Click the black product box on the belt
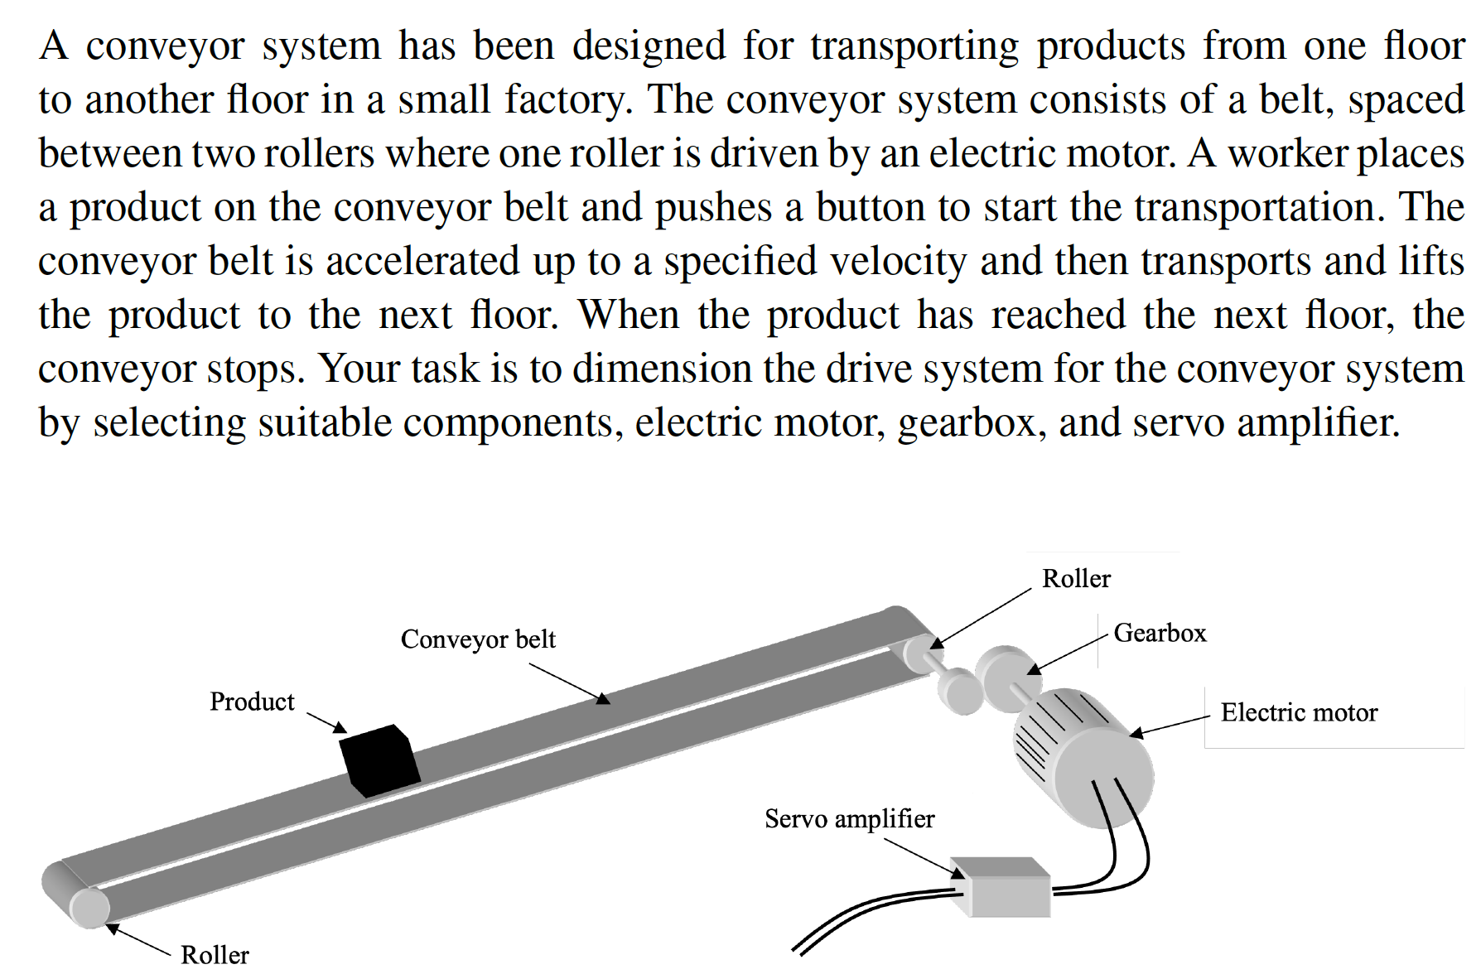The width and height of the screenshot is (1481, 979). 380,760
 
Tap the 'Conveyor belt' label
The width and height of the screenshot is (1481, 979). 478,639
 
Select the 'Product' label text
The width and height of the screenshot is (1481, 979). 252,702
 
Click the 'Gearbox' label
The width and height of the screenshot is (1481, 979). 1160,633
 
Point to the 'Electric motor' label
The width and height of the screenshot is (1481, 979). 1299,712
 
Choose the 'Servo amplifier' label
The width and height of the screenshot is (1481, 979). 849,818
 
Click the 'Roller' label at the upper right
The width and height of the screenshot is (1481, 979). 1076,578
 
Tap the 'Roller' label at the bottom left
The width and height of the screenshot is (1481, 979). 215,955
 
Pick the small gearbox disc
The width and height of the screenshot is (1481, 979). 961,692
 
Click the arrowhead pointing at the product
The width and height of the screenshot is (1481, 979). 340,728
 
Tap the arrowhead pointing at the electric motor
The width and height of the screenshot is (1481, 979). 1136,733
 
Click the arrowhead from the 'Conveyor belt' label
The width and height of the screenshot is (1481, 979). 603,699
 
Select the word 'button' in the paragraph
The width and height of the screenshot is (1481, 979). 870,207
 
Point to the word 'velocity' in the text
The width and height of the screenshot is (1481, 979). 898,261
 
